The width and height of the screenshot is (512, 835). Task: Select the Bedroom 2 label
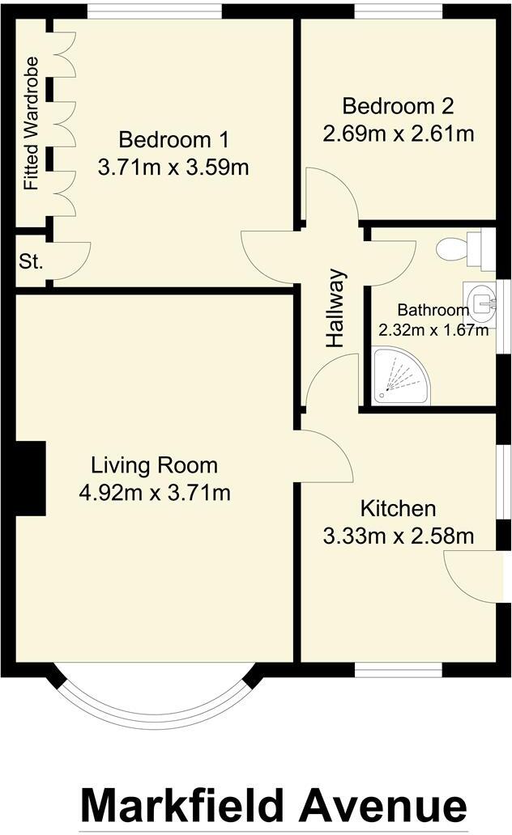[398, 106]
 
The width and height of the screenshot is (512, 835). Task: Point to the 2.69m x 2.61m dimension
[398, 134]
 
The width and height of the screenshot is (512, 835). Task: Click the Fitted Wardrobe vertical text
[32, 123]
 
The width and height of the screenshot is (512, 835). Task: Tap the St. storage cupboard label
[32, 261]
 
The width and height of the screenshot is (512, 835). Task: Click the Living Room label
[154, 465]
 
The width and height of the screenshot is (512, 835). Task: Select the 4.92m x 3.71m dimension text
[154, 493]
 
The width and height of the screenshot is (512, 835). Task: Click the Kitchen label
[398, 508]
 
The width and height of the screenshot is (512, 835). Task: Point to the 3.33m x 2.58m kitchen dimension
[398, 536]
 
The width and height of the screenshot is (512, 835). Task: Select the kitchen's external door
[474, 575]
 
